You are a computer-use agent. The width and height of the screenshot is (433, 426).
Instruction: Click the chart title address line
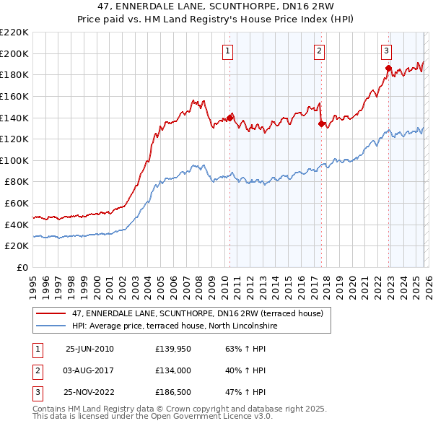point(216,8)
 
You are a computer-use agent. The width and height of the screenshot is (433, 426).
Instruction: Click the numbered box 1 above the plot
point(227,51)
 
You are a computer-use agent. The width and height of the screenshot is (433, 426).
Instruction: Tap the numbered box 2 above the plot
point(318,51)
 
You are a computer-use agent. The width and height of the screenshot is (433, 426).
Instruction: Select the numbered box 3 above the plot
point(386,51)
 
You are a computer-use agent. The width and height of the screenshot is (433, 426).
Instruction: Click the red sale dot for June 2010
point(230,117)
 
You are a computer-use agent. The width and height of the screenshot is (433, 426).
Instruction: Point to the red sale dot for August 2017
point(321,123)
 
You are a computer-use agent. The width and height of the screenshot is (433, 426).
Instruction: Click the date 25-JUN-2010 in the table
point(89,349)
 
